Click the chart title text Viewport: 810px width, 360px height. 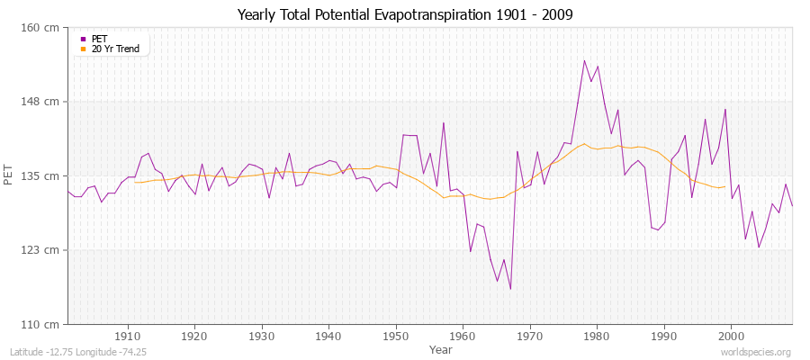(405, 15)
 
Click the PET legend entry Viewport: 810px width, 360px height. (99, 39)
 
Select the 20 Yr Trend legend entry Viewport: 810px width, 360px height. (115, 49)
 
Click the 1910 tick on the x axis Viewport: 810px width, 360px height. (128, 337)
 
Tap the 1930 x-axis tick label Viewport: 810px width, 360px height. (262, 337)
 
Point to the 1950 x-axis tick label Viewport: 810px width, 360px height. (396, 337)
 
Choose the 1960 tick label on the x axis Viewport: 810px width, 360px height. (463, 337)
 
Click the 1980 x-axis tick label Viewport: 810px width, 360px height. (597, 337)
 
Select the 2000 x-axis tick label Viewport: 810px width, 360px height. (731, 337)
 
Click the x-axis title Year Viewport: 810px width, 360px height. (441, 349)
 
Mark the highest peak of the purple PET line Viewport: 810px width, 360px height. (584, 60)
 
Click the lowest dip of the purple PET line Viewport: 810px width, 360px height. (510, 289)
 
